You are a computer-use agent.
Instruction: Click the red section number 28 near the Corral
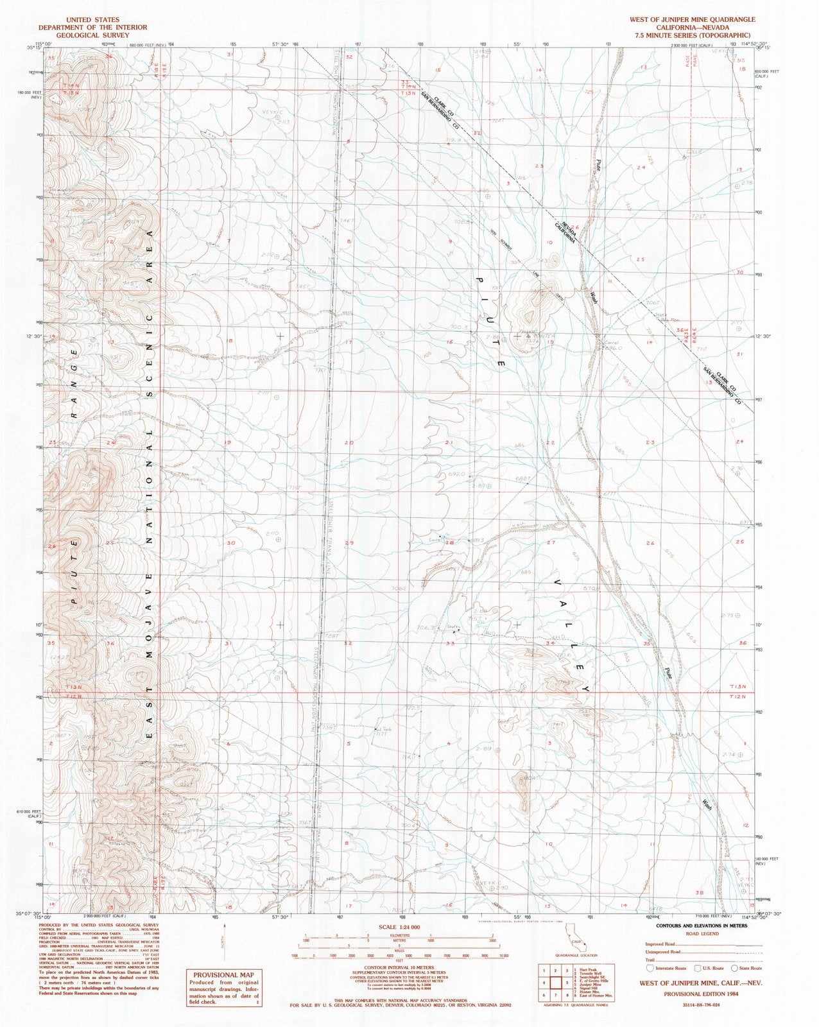(x=449, y=543)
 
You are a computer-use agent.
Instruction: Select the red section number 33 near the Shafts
(x=451, y=643)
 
